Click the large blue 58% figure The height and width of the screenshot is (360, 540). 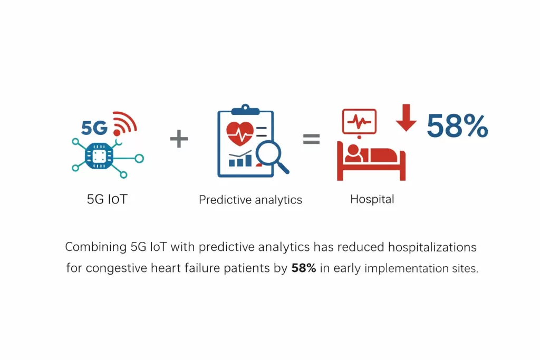(457, 127)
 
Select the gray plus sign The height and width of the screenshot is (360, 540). (179, 139)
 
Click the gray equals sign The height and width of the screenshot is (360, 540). (311, 139)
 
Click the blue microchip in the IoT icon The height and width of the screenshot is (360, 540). (99, 155)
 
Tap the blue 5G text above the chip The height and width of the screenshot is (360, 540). (95, 128)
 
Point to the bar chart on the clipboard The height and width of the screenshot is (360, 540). (240, 160)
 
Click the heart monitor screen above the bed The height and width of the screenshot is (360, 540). (359, 122)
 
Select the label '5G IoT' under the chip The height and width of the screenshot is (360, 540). (107, 200)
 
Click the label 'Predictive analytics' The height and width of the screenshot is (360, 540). (250, 200)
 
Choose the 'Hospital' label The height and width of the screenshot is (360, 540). (372, 199)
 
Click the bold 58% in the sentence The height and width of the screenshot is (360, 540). (304, 268)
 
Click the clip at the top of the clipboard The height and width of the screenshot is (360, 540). (245, 110)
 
